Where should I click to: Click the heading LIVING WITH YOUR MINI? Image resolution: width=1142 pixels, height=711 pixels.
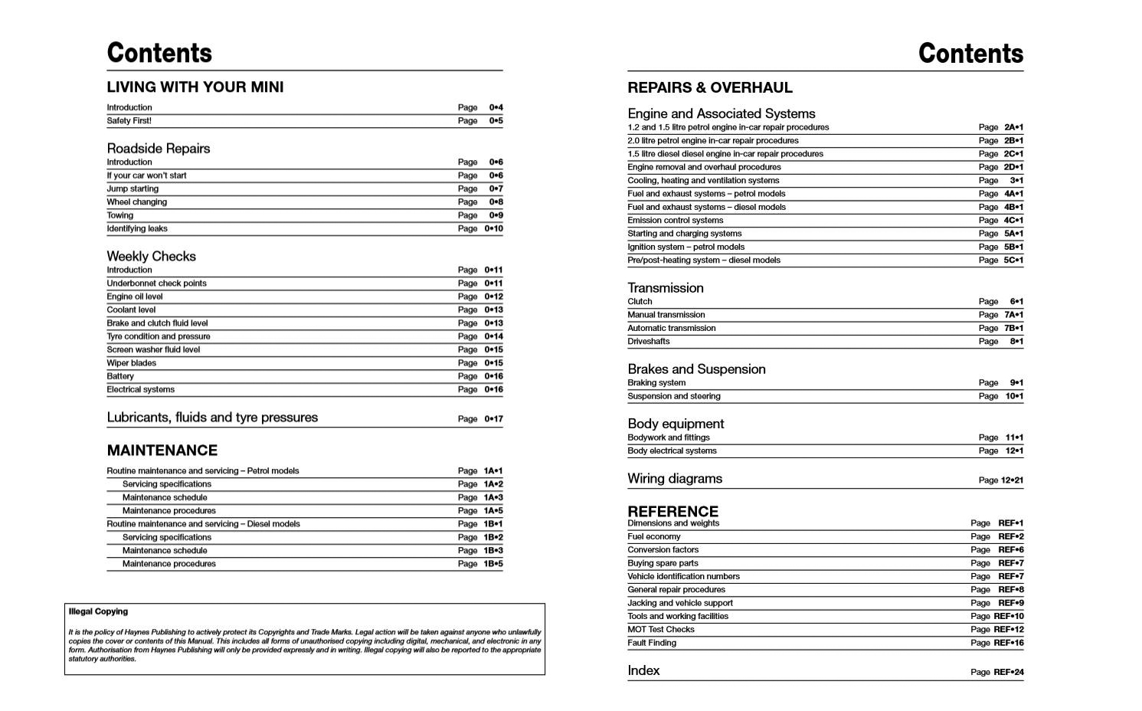click(x=195, y=87)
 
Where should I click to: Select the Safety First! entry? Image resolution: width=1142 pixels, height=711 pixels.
click(x=129, y=121)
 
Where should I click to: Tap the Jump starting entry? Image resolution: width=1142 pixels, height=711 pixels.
click(x=133, y=189)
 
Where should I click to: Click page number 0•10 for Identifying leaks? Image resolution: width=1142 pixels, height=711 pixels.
click(x=493, y=229)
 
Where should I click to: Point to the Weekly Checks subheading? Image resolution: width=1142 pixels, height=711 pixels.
click(x=151, y=257)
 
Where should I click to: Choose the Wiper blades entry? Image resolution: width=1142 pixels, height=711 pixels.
click(x=131, y=363)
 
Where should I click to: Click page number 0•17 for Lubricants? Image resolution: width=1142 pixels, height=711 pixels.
click(x=493, y=419)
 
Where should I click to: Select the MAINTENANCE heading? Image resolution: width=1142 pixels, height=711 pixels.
click(x=162, y=451)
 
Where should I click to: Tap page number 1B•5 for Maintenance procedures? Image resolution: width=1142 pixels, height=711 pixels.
click(x=492, y=564)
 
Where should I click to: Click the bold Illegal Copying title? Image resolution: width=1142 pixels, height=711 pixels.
click(x=98, y=611)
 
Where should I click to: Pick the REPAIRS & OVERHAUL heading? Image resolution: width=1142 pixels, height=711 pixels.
click(x=709, y=88)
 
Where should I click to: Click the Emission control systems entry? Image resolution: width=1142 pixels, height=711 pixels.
click(x=675, y=221)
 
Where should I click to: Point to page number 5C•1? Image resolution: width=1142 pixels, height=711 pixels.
click(x=1013, y=260)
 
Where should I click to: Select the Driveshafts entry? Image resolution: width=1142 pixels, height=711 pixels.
click(x=648, y=342)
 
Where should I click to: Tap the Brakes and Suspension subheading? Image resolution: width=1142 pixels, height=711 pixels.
click(x=696, y=369)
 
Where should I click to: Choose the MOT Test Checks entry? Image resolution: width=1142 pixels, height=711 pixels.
click(x=660, y=630)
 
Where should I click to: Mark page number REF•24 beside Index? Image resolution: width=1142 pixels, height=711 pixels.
click(x=1008, y=673)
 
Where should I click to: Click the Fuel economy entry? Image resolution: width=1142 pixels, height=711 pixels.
click(x=653, y=537)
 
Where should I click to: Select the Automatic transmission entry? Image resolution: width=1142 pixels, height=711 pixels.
click(x=671, y=329)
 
